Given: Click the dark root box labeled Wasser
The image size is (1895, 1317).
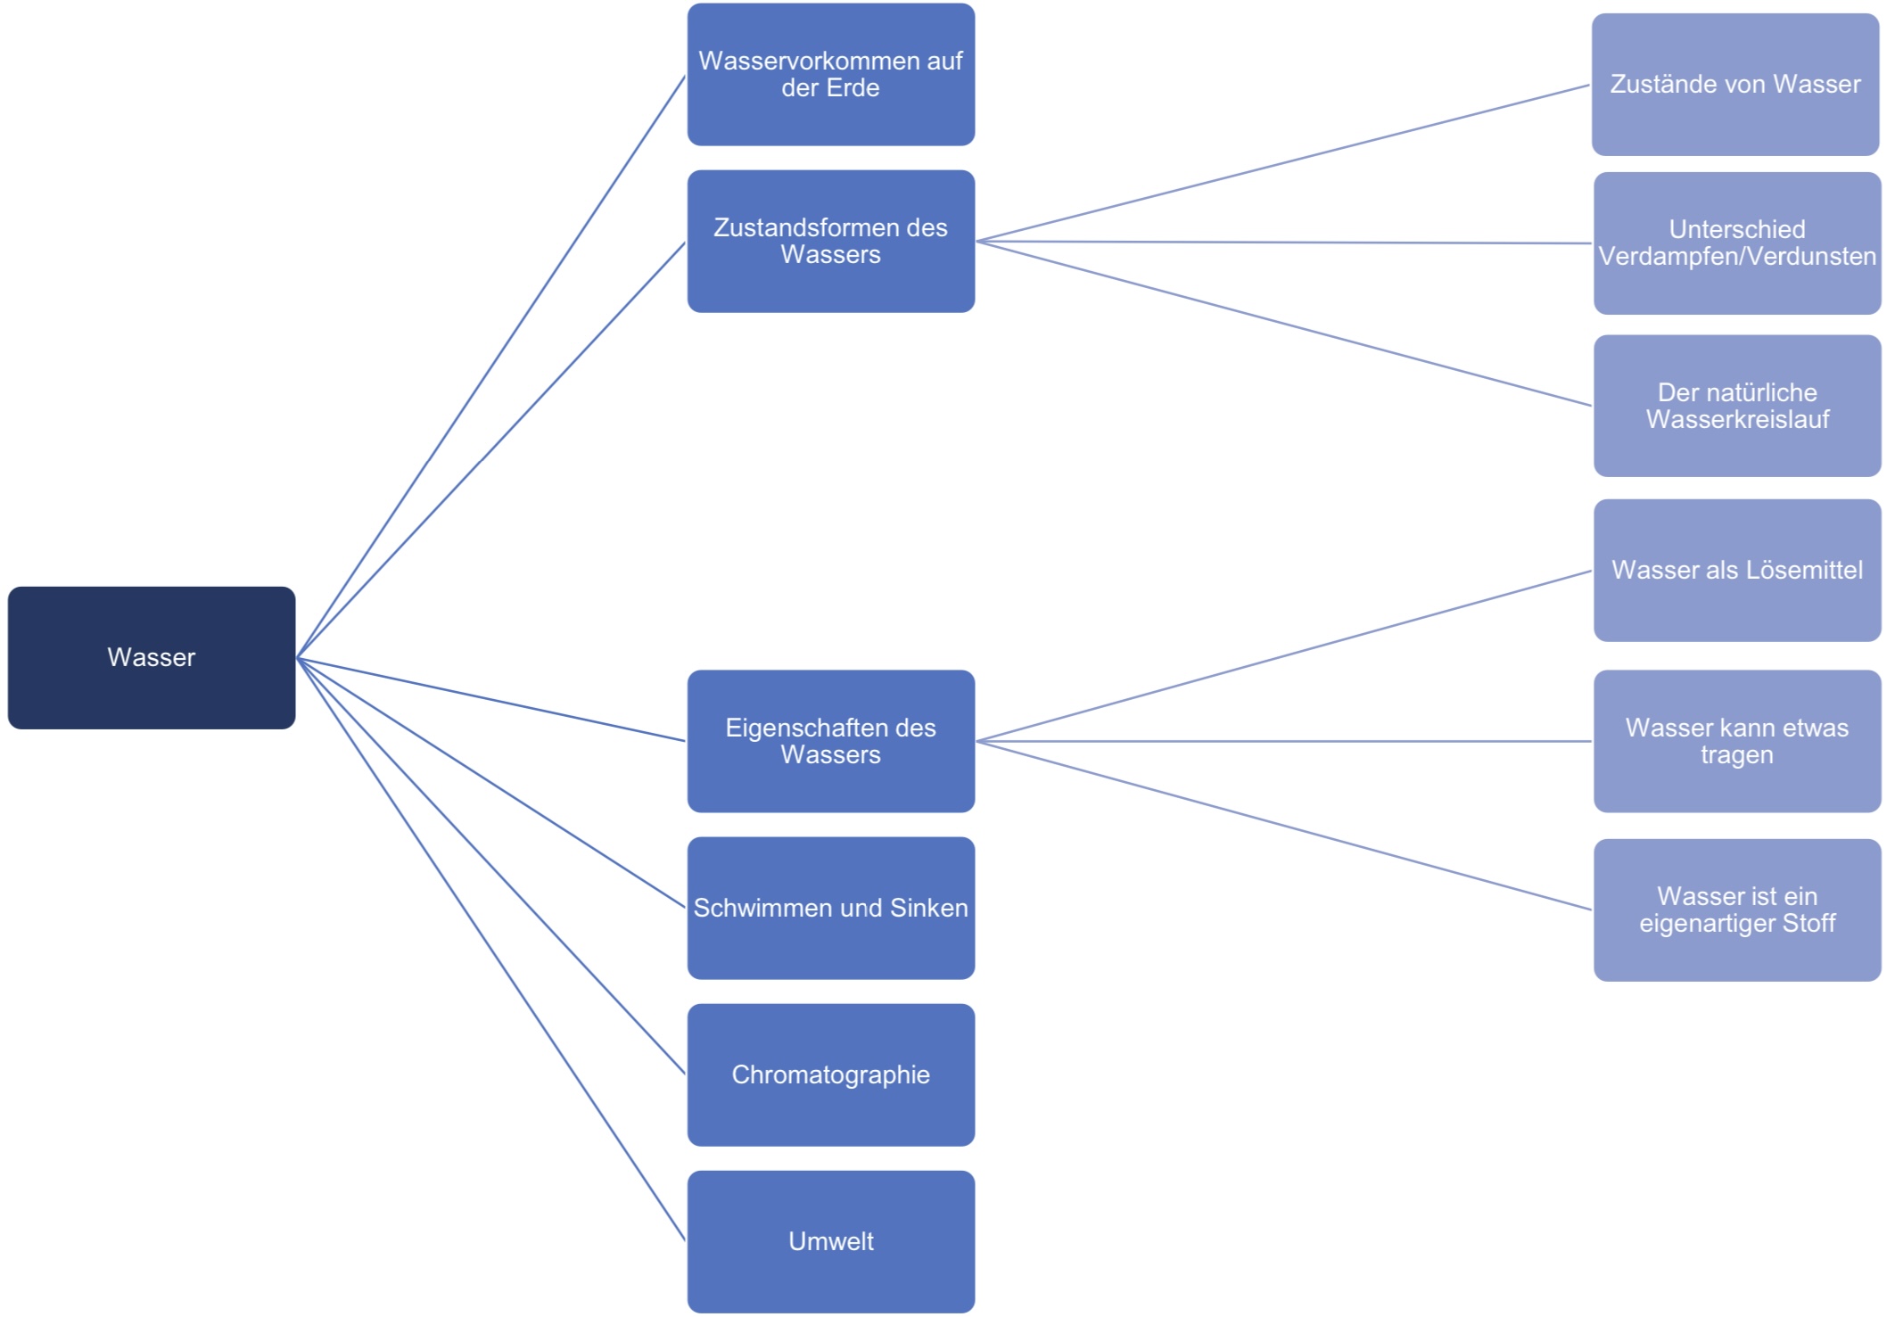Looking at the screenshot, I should point(152,657).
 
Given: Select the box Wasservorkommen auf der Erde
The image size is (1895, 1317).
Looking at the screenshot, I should point(830,74).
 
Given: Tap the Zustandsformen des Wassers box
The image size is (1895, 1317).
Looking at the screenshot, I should point(830,241).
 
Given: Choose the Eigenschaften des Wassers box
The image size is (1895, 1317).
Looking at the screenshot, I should point(830,741).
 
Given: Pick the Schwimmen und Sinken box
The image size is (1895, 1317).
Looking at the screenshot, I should point(830,908).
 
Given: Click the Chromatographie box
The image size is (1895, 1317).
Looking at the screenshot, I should point(830,1074).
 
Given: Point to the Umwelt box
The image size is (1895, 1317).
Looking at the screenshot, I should point(830,1241).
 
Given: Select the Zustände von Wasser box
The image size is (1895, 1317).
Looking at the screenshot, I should point(1734,84).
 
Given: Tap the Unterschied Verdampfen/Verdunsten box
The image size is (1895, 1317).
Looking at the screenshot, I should point(1736,243).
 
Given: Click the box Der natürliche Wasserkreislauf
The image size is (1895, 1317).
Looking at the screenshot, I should point(1736,406).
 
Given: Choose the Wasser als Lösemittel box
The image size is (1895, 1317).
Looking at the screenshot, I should point(1736,570).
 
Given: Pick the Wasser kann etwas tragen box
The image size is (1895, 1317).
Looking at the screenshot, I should point(1736,741).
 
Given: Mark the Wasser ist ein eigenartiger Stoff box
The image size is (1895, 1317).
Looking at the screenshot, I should point(1736,910).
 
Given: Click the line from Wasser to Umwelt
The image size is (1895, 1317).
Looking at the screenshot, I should point(490,949).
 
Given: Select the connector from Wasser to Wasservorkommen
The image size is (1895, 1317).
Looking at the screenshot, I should point(490,367).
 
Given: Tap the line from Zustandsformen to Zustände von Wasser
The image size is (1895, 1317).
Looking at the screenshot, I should point(1284,163).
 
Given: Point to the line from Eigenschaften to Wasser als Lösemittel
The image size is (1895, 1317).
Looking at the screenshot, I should point(1284,656).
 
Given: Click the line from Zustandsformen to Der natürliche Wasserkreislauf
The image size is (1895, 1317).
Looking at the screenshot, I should point(1284,324).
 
